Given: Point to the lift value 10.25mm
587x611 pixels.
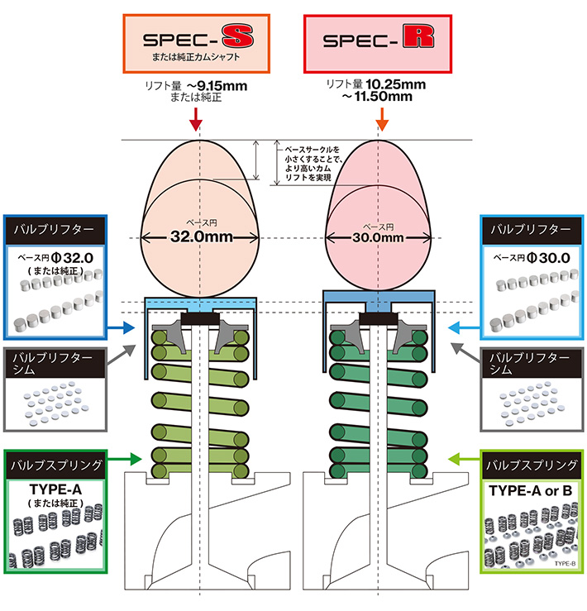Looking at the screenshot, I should (398, 84).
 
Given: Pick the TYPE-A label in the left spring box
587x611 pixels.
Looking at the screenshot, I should (55, 488).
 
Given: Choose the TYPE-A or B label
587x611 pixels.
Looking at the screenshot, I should (529, 489).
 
